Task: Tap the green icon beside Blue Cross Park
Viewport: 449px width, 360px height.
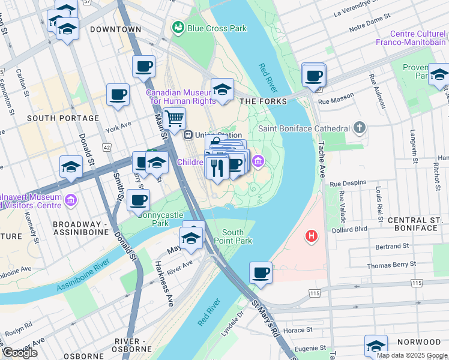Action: click(178, 28)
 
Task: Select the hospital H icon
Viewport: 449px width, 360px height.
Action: click(311, 236)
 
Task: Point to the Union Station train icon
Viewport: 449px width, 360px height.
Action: click(188, 135)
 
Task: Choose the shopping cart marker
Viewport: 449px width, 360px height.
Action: click(174, 119)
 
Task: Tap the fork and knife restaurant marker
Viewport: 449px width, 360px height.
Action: click(217, 166)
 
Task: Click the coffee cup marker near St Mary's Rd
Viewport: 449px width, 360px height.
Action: click(261, 272)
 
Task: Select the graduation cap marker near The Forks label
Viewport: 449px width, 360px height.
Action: click(222, 90)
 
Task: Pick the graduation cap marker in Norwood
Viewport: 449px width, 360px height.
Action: click(376, 346)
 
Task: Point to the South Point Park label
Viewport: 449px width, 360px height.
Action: click(237, 236)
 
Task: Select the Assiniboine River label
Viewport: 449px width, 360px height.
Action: click(83, 275)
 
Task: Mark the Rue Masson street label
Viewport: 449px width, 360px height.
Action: click(333, 101)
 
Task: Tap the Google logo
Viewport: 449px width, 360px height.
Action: click(20, 353)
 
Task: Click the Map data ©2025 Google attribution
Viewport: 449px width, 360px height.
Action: click(412, 355)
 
